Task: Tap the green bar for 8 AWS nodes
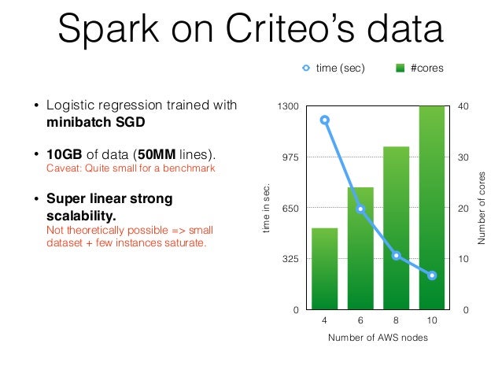click(x=396, y=227)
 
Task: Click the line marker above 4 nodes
click(x=324, y=120)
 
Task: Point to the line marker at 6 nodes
click(x=360, y=209)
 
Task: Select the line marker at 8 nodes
click(x=396, y=255)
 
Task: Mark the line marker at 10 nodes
click(x=432, y=275)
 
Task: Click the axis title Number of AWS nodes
click(x=378, y=338)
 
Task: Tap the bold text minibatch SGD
click(x=95, y=123)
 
